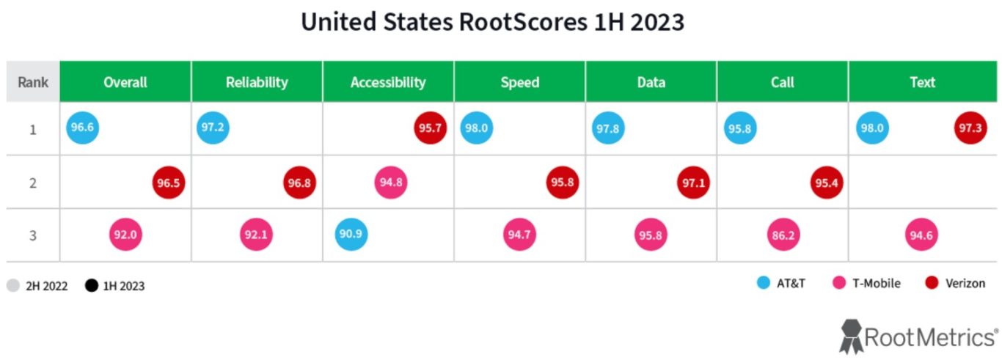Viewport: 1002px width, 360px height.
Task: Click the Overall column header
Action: pyautogui.click(x=125, y=81)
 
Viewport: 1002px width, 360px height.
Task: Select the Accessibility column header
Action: pyautogui.click(x=388, y=81)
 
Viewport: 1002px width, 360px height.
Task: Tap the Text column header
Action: pyautogui.click(x=922, y=81)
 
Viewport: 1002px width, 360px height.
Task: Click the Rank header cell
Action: pyautogui.click(x=33, y=81)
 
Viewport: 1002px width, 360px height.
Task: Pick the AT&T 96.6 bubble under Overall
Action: pyautogui.click(x=81, y=128)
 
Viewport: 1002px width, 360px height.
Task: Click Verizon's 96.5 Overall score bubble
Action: pyautogui.click(x=169, y=183)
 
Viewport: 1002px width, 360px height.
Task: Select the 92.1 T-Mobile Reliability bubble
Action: pyautogui.click(x=256, y=235)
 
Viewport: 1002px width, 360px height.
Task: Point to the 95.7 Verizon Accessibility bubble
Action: pyautogui.click(x=431, y=128)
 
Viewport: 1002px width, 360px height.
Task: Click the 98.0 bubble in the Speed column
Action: pyautogui.click(x=476, y=128)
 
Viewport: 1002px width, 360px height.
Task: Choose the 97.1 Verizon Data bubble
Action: pyautogui.click(x=693, y=183)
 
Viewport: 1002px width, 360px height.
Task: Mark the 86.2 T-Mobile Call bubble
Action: pyautogui.click(x=782, y=235)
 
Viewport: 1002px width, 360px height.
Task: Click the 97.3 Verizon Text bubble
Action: pyautogui.click(x=968, y=128)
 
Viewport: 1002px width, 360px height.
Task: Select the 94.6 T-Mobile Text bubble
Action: pyautogui.click(x=922, y=235)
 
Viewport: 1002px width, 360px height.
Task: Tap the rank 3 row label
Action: pyautogui.click(x=33, y=235)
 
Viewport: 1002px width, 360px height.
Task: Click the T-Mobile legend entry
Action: pyautogui.click(x=867, y=283)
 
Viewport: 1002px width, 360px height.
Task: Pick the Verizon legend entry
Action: pyautogui.click(x=956, y=283)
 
